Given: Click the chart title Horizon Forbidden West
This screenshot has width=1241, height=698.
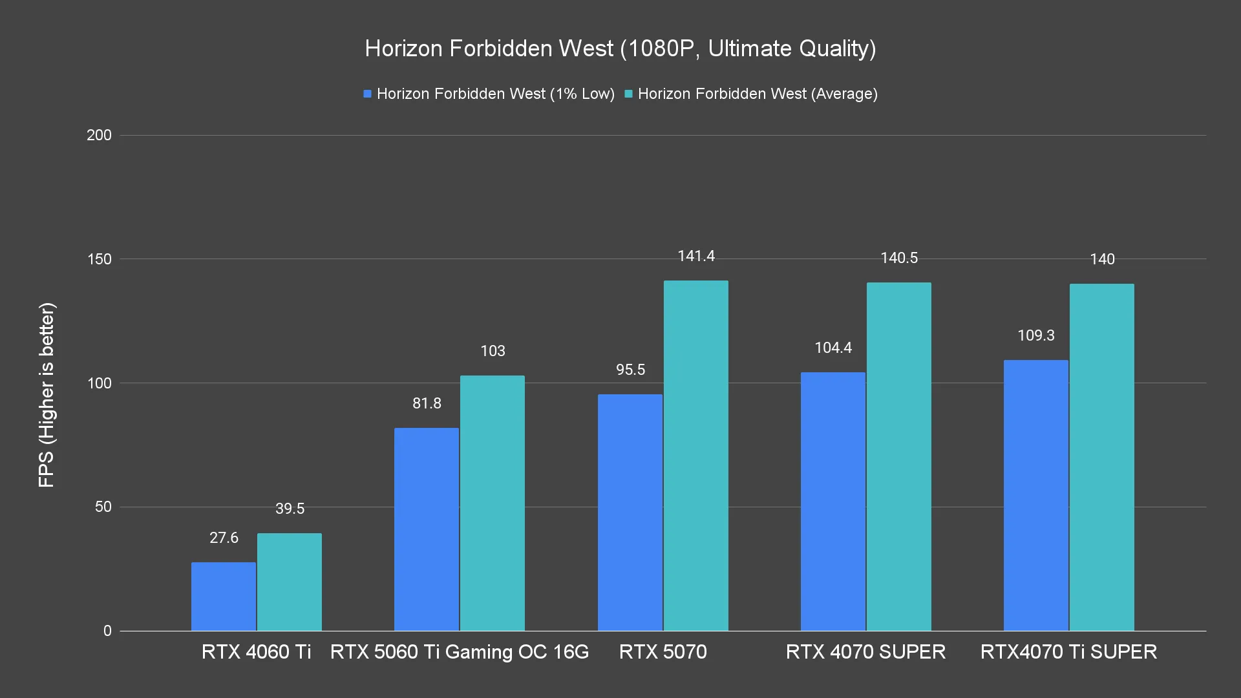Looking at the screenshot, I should click(620, 48).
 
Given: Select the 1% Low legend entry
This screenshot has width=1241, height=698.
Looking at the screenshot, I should click(489, 94).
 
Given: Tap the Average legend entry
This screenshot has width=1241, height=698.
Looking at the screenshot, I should click(751, 94).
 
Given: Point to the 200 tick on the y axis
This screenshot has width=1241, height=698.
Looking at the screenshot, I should click(99, 135).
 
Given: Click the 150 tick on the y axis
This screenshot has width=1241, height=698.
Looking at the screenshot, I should click(99, 259).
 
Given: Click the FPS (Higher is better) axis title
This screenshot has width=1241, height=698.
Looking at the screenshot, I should click(47, 395).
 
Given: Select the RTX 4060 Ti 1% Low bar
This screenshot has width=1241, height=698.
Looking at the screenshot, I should click(224, 596).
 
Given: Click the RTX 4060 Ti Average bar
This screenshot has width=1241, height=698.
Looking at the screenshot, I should click(290, 582).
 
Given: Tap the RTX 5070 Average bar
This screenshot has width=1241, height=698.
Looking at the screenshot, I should click(695, 456).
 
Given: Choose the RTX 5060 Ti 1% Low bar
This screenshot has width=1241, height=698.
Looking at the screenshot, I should click(427, 529).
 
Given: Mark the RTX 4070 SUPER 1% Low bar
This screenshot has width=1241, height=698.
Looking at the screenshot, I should click(833, 502).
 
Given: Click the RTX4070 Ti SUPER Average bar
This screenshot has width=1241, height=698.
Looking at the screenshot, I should click(1101, 457).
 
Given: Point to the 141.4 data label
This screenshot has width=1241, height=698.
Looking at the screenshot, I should click(695, 257).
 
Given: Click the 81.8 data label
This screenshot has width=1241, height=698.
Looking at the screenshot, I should click(427, 403).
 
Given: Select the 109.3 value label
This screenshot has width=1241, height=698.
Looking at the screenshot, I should click(1035, 335).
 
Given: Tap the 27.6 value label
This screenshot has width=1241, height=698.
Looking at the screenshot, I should click(224, 538).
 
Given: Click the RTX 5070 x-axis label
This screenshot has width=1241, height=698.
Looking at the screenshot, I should click(663, 651).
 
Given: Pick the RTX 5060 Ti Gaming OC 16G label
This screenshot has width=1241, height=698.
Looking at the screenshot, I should click(460, 651).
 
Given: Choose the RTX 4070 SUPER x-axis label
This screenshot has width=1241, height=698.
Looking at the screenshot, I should click(865, 651).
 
